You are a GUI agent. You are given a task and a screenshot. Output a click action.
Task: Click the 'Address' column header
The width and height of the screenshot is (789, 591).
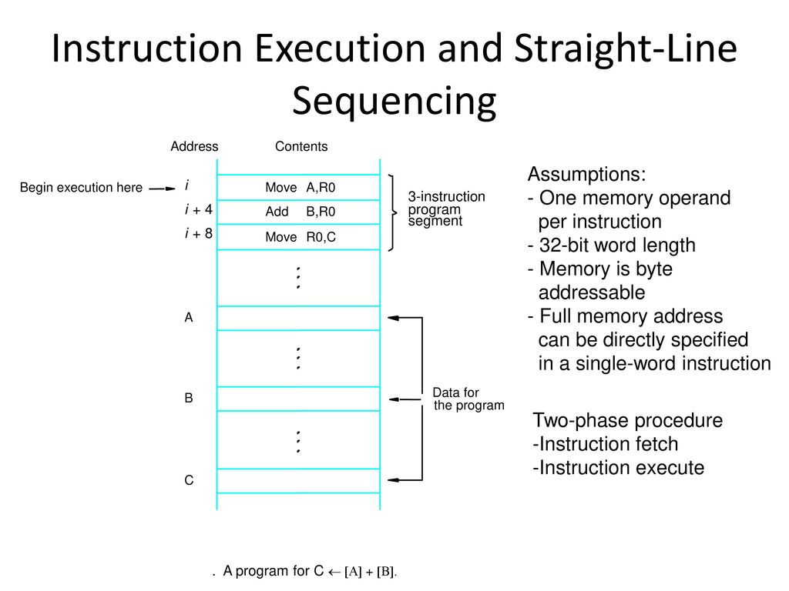click(194, 146)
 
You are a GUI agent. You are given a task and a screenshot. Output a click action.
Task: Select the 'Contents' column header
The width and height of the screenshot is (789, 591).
click(301, 146)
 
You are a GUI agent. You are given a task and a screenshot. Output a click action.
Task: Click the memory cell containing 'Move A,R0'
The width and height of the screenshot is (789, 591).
click(298, 188)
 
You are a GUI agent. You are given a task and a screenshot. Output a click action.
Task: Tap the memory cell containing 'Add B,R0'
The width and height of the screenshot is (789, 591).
click(298, 212)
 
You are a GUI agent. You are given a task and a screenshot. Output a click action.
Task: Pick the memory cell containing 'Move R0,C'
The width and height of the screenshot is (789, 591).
click(298, 237)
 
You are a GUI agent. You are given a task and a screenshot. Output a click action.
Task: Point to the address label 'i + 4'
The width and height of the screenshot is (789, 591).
click(199, 209)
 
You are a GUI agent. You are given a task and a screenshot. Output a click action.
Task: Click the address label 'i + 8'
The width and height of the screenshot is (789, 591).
click(199, 233)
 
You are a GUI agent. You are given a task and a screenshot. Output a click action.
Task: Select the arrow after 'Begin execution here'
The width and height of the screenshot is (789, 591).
click(162, 189)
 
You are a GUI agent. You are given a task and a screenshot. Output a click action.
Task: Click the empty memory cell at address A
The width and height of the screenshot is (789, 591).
click(298, 318)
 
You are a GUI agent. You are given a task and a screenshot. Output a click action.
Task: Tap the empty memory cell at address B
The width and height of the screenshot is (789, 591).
click(298, 399)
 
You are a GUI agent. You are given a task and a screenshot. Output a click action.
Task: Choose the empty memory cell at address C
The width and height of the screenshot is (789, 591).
click(298, 481)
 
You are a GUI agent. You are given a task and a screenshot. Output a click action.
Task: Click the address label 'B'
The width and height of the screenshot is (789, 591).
click(189, 398)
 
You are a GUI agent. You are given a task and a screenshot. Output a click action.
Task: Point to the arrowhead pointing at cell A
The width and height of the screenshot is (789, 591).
click(393, 318)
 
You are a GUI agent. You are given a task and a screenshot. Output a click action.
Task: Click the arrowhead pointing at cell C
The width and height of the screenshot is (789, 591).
click(393, 480)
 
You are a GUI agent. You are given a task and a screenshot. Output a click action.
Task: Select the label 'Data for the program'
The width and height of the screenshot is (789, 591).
click(468, 399)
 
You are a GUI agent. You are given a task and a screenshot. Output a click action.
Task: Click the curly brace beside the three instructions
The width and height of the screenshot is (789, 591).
click(392, 212)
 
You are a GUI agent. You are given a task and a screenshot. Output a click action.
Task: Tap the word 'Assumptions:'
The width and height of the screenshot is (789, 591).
click(586, 174)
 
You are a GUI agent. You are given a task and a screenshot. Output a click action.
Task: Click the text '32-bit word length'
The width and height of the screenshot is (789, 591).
click(617, 245)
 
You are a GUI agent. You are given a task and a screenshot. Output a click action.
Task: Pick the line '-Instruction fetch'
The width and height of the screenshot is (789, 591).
click(606, 444)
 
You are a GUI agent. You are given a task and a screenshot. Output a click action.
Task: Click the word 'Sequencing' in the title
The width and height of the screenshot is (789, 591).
click(394, 101)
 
